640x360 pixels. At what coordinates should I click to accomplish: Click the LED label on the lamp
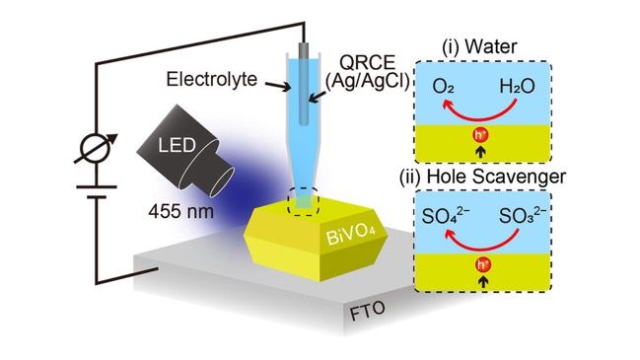coord(177,145)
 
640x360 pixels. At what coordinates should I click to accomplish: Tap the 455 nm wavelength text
coord(180,211)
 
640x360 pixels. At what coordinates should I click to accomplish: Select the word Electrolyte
coord(211,79)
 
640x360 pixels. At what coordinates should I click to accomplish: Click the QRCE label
coord(368,62)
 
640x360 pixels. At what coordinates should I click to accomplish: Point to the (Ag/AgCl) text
coord(367,82)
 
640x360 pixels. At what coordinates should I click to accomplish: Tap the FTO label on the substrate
coord(367,311)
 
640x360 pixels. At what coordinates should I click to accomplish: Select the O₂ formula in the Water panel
coord(443,87)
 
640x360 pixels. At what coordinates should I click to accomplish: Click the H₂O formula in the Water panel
coord(517,87)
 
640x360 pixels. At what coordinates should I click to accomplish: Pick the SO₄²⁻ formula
coord(446,215)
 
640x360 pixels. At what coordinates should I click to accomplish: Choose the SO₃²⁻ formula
coord(523,215)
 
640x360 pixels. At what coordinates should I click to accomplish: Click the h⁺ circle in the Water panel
coord(481,135)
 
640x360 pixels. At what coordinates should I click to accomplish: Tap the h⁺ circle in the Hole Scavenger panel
coord(483,265)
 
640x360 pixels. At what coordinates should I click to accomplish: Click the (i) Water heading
coord(479,46)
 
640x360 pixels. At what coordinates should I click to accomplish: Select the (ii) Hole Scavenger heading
coord(482,177)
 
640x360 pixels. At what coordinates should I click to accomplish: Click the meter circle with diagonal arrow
coord(96,148)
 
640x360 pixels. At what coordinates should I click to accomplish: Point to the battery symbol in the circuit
coord(97,192)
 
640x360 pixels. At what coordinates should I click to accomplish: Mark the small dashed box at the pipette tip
coord(303,201)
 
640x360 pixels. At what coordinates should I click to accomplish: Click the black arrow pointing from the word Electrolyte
coord(277,86)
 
